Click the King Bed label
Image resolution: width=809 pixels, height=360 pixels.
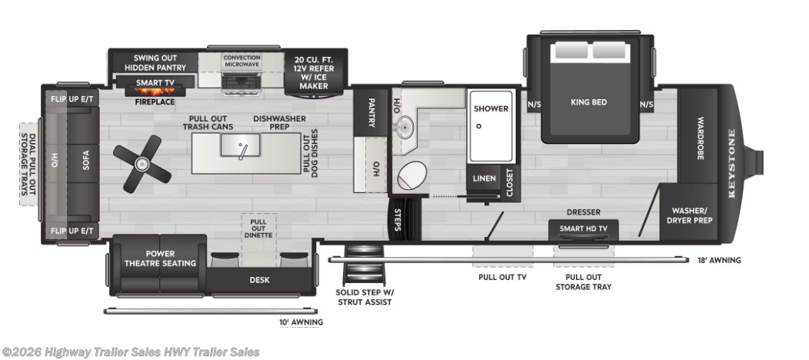pyautogui.click(x=589, y=102)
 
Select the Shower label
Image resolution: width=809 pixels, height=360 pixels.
pyautogui.click(x=491, y=108)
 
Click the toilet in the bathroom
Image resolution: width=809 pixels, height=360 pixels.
pyautogui.click(x=412, y=176)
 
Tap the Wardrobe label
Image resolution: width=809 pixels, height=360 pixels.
pyautogui.click(x=701, y=138)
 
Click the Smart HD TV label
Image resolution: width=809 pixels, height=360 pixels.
pyautogui.click(x=582, y=228)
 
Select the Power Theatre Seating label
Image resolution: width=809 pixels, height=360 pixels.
pyautogui.click(x=160, y=258)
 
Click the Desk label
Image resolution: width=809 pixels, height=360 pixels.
pyautogui.click(x=259, y=280)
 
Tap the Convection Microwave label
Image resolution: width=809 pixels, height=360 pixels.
pyautogui.click(x=242, y=62)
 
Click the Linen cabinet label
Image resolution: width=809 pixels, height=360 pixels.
pyautogui.click(x=484, y=178)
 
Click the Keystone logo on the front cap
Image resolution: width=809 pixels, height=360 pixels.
pyautogui.click(x=731, y=164)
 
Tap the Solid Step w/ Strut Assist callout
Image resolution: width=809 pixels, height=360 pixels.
pyautogui.click(x=364, y=297)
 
